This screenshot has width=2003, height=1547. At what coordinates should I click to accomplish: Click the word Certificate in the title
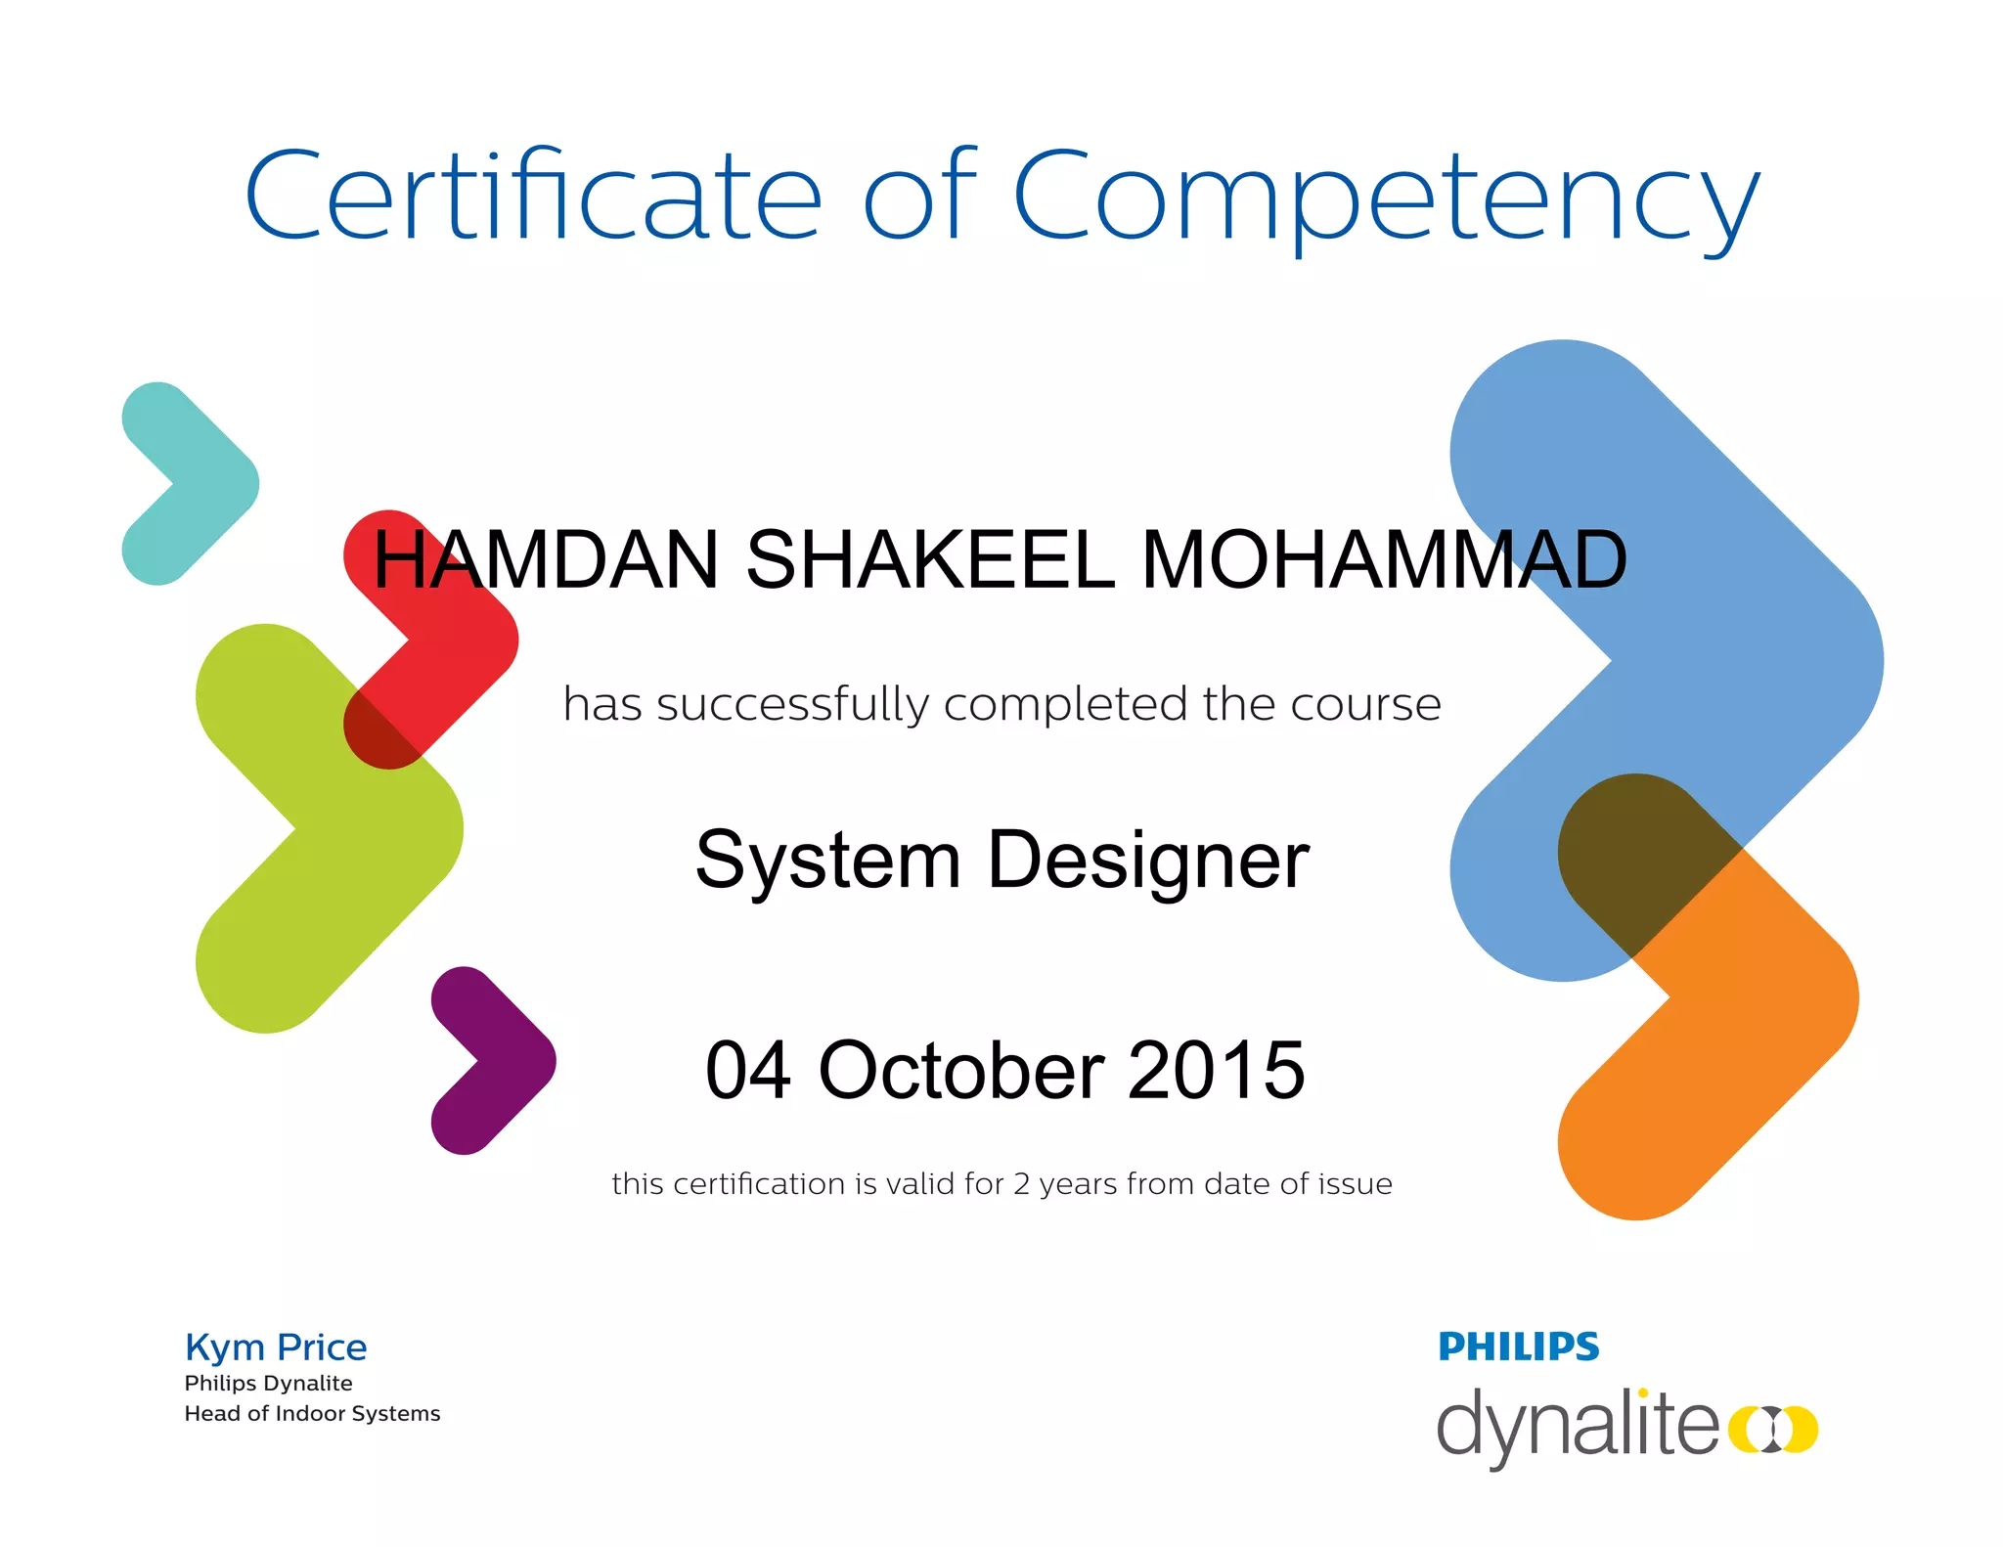pyautogui.click(x=533, y=196)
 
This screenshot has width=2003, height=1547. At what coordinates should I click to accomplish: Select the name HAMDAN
pyautogui.click(x=546, y=560)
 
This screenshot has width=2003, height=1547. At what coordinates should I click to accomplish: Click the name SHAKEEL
pyautogui.click(x=930, y=560)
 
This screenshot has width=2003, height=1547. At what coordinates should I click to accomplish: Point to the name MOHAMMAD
pyautogui.click(x=1383, y=560)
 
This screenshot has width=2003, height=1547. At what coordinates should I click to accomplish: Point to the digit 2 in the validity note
pyautogui.click(x=1021, y=1184)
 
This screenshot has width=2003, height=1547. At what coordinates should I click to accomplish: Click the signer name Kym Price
pyautogui.click(x=276, y=1348)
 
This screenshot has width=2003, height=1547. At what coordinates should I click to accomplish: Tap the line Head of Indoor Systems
pyautogui.click(x=312, y=1414)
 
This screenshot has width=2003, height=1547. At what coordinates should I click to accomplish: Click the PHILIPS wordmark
pyautogui.click(x=1518, y=1348)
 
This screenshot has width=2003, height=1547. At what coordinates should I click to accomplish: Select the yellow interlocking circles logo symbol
pyautogui.click(x=1772, y=1429)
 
